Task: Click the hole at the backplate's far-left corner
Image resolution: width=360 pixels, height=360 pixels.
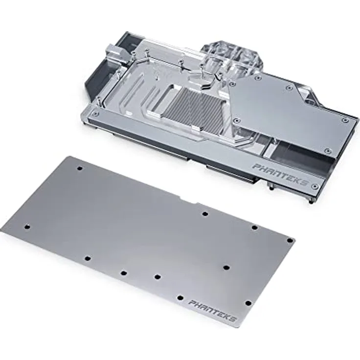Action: click(27, 226)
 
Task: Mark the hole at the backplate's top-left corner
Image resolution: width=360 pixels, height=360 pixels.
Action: click(80, 168)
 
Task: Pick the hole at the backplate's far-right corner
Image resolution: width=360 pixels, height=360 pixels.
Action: click(289, 240)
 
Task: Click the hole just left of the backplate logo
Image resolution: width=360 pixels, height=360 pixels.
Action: click(180, 297)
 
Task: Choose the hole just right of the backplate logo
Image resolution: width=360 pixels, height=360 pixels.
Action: click(248, 303)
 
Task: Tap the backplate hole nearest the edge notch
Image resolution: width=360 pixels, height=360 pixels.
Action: click(205, 214)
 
